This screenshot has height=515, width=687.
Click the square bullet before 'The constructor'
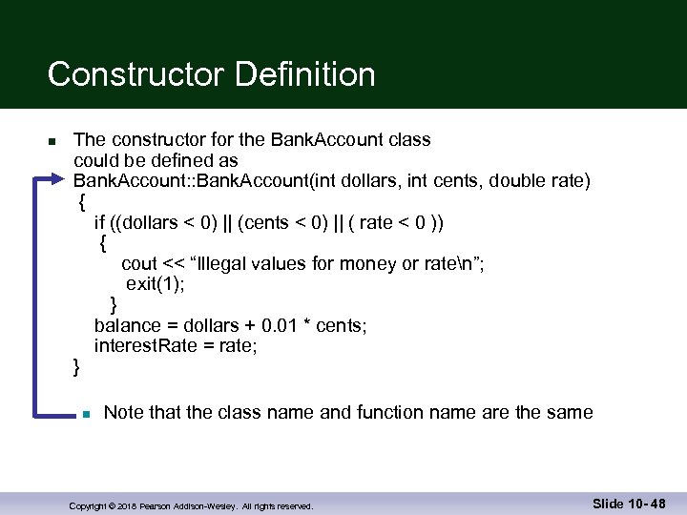pyautogui.click(x=52, y=142)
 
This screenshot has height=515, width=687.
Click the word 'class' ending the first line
pyautogui.click(x=409, y=140)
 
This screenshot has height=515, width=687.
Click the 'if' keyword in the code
pyautogui.click(x=99, y=223)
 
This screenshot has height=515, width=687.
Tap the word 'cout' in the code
pyautogui.click(x=139, y=264)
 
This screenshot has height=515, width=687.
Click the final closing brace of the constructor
pyautogui.click(x=77, y=367)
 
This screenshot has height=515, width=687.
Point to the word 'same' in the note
pyautogui.click(x=570, y=413)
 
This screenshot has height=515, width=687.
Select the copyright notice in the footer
pyautogui.click(x=191, y=506)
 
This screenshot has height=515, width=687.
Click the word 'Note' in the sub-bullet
pyautogui.click(x=124, y=413)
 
